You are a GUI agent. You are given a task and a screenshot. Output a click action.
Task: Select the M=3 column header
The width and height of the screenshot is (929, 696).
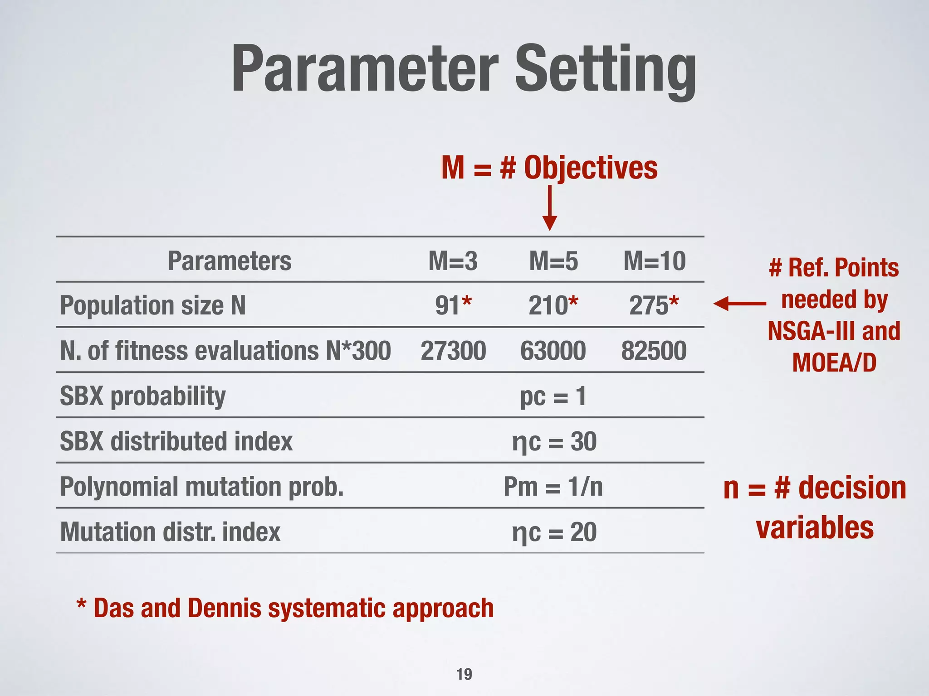pyautogui.click(x=453, y=261)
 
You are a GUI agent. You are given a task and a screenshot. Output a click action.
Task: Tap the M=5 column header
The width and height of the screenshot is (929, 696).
pyautogui.click(x=553, y=261)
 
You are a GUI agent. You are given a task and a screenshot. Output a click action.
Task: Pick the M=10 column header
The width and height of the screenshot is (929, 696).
pyautogui.click(x=654, y=261)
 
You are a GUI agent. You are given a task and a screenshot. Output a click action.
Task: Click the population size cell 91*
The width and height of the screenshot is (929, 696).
pyautogui.click(x=453, y=305)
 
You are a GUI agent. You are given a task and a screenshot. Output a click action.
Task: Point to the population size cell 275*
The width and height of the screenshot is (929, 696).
pyautogui.click(x=654, y=305)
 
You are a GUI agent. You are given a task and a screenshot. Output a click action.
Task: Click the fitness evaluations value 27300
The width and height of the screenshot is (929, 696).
pyautogui.click(x=453, y=351)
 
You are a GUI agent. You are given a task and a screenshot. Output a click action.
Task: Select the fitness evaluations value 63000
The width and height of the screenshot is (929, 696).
pyautogui.click(x=553, y=351)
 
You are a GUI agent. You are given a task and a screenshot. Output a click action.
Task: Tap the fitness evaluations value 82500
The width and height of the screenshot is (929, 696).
pyautogui.click(x=654, y=351)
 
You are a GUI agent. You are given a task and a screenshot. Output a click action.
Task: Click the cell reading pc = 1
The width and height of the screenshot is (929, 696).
pyautogui.click(x=553, y=396)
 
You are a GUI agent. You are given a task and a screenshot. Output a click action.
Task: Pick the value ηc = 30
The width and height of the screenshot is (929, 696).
pyautogui.click(x=554, y=441)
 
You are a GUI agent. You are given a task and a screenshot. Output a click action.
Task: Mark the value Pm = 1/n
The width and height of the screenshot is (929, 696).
pyautogui.click(x=553, y=487)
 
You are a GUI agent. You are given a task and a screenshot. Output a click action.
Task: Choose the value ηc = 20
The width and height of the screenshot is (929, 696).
pyautogui.click(x=554, y=532)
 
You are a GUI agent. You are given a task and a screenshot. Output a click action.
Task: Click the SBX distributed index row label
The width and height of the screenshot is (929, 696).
pyautogui.click(x=176, y=441)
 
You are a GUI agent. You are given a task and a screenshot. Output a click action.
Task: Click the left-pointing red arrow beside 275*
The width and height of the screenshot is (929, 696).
pyautogui.click(x=739, y=304)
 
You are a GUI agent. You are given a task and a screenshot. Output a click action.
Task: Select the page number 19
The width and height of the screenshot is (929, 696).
pyautogui.click(x=464, y=674)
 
